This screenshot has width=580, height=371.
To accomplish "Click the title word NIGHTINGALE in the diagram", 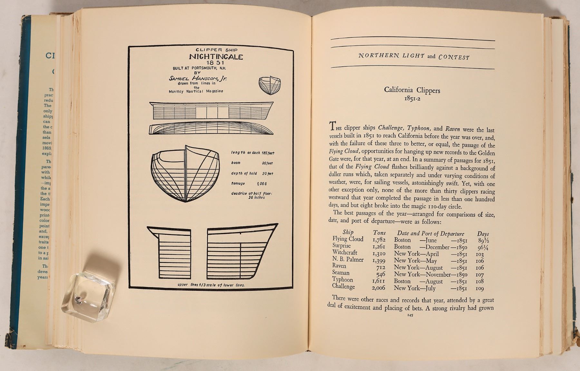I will [216, 57].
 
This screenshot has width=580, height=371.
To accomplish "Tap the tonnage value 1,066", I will [261, 184].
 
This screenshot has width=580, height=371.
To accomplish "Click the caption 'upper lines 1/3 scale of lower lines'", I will [211, 285].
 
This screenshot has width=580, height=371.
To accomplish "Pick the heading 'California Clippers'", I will [412, 90].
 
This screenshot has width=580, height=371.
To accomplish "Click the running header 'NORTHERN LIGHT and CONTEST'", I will [414, 57].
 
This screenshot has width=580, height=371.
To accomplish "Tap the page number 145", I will [410, 315].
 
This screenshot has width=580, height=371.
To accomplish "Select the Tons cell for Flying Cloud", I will [379, 240].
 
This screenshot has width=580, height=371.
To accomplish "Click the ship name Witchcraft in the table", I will [345, 252].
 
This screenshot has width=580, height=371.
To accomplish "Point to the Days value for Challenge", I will [479, 288].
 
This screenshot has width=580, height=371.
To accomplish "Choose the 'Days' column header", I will [483, 234].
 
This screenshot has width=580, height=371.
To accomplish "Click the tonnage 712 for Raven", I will [381, 267].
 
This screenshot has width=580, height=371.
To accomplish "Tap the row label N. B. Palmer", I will [348, 260].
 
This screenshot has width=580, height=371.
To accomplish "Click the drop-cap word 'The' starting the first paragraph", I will [336, 126].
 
